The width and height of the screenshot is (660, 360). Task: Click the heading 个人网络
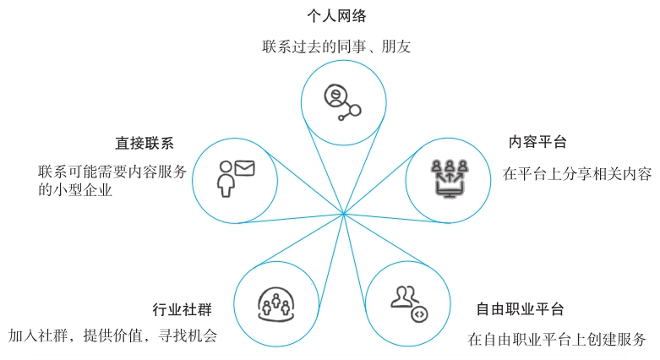pos(336,15)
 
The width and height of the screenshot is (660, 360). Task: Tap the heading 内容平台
pos(537,141)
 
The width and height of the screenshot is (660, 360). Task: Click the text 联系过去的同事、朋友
pos(336,46)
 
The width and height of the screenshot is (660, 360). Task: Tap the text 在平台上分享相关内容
pos(577,174)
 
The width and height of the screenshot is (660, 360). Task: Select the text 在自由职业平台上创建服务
pos(557,340)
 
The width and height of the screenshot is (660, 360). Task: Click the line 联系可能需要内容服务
pos(112,172)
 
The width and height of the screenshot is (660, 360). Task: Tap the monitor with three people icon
pos(449,177)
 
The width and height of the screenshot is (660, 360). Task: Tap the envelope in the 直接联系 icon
pos(243,168)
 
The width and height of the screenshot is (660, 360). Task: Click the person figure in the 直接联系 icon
pos(226,178)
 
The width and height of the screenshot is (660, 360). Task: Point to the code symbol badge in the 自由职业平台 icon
pos(417,314)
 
